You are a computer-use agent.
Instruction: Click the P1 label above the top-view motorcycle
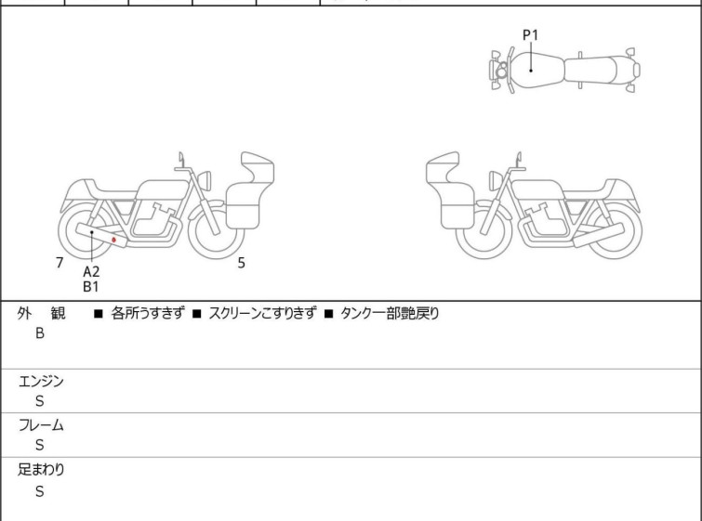tap(531, 35)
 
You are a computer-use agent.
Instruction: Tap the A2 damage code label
tap(91, 271)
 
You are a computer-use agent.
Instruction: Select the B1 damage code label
tap(91, 287)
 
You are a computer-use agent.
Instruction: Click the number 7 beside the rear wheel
tap(60, 263)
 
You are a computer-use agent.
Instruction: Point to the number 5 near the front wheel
tap(242, 263)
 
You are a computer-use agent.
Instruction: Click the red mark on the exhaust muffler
tap(113, 241)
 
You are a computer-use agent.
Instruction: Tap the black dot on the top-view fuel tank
tap(531, 71)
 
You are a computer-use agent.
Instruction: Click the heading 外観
tap(41, 314)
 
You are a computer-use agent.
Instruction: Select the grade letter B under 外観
tap(40, 333)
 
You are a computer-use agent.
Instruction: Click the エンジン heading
tap(41, 382)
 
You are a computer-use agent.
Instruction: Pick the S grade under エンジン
tap(40, 401)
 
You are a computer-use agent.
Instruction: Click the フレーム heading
tap(41, 425)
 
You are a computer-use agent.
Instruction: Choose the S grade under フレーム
tap(40, 445)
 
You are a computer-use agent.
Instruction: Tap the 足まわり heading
tap(41, 470)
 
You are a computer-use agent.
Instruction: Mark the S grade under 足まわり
tap(40, 491)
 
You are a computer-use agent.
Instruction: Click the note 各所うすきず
tap(148, 314)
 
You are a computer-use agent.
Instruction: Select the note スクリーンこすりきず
tap(263, 314)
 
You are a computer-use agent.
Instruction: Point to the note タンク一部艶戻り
tap(390, 314)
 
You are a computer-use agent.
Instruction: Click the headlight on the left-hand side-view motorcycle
tap(205, 180)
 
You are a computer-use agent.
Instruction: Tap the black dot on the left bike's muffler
tap(92, 232)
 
